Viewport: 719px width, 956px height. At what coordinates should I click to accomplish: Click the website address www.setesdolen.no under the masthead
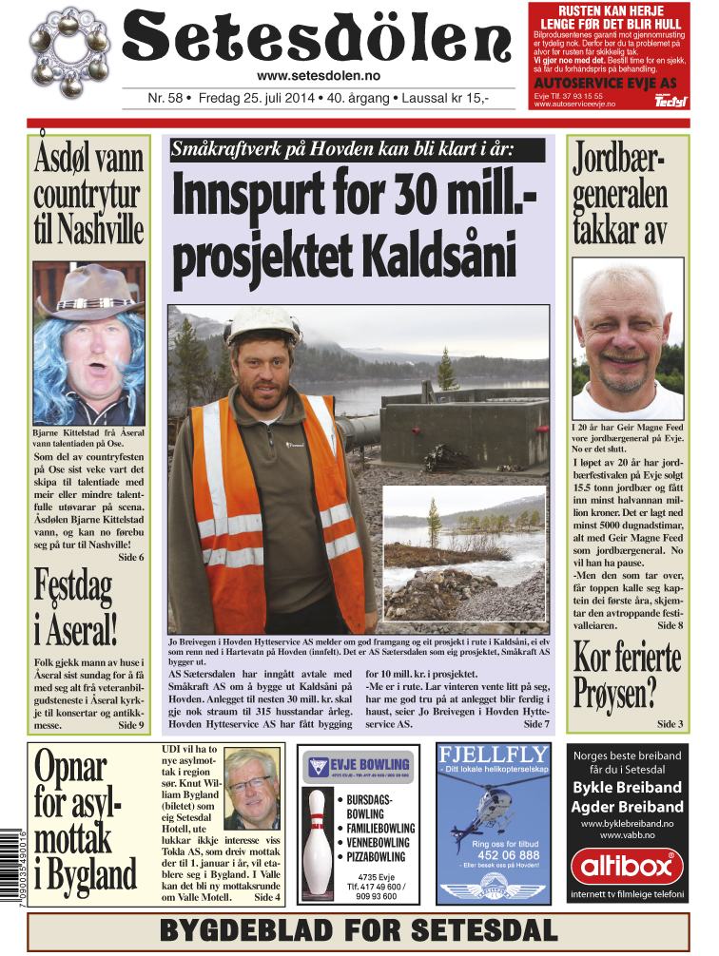click(319, 76)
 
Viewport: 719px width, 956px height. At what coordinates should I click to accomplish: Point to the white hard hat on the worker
click(262, 326)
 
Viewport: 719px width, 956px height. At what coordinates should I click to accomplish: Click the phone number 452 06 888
click(493, 854)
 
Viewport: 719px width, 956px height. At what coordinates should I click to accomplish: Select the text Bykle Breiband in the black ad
click(627, 788)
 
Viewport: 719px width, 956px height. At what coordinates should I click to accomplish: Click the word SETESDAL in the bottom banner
click(475, 930)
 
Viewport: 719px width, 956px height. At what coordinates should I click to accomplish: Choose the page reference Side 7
click(535, 724)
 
